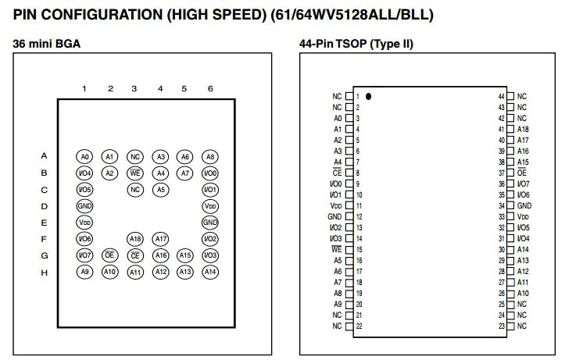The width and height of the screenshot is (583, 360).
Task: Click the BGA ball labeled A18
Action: [x=134, y=239]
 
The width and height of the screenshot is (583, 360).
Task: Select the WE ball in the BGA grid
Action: [x=134, y=173]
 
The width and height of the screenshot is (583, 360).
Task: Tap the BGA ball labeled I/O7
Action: [x=84, y=255]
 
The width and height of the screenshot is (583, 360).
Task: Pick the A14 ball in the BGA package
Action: [x=209, y=272]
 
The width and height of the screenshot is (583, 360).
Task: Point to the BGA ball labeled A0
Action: [x=84, y=156]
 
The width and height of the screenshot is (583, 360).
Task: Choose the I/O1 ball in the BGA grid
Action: [x=209, y=190]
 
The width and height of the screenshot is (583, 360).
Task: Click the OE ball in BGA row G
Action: [x=109, y=255]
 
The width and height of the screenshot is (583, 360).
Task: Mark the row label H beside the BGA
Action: [x=45, y=272]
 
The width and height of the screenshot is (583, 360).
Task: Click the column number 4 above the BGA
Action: [x=160, y=88]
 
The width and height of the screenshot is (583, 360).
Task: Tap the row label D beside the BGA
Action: [x=45, y=206]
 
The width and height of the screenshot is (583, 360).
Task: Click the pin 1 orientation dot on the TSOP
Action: [x=368, y=97]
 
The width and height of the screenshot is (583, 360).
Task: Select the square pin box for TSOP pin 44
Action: [x=510, y=96]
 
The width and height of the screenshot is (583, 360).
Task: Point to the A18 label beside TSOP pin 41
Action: [x=523, y=129]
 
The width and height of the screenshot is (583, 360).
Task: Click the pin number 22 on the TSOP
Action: [x=358, y=326]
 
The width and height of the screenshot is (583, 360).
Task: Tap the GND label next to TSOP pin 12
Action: [x=334, y=216]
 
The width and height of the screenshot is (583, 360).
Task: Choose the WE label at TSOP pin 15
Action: [x=337, y=249]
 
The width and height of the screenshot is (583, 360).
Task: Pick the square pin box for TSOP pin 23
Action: [x=510, y=326]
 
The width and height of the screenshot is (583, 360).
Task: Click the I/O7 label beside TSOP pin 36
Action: [x=524, y=184]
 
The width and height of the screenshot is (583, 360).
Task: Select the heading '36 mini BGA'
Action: [x=46, y=44]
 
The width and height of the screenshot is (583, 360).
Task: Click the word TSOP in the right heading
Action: [x=348, y=44]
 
